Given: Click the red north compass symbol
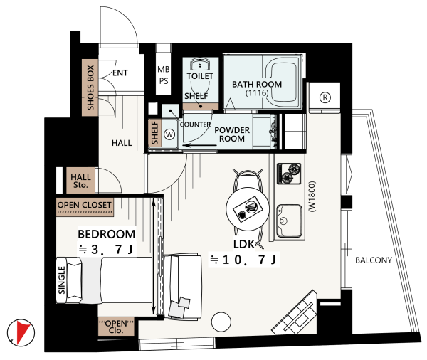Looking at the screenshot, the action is [21, 332].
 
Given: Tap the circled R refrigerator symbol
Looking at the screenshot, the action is [325, 97].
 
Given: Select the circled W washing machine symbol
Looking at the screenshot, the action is [169, 134].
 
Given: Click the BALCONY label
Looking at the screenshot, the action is [374, 260].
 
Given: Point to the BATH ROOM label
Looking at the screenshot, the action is [257, 84].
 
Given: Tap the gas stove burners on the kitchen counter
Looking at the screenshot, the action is [289, 173].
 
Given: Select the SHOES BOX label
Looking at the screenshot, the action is [90, 88].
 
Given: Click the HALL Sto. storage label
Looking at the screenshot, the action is [80, 181].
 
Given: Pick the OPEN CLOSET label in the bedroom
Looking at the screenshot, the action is [85, 205].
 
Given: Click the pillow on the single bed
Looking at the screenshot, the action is [74, 280].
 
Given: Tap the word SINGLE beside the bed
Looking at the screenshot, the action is [62, 280].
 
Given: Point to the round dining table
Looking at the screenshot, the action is [247, 208].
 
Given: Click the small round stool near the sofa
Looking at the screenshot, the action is [221, 322].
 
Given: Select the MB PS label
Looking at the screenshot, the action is [164, 75].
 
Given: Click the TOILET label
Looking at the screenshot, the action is [200, 76].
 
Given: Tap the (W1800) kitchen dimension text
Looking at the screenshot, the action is [312, 196].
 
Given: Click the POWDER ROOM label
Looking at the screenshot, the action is [232, 134].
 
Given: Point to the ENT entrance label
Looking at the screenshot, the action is [120, 73].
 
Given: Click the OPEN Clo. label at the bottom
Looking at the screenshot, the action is [116, 327].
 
